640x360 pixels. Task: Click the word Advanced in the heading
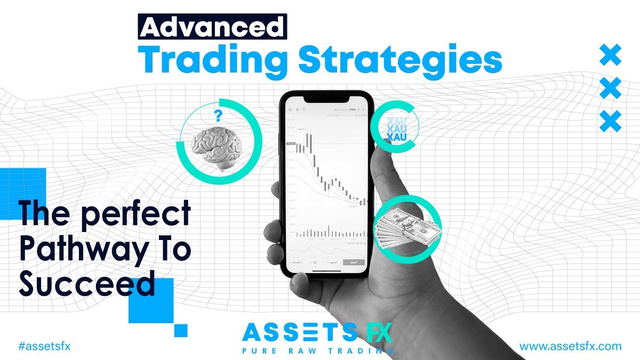212,26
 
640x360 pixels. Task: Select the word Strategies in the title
400,61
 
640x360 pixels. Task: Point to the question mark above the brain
218,115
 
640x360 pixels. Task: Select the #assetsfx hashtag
44,346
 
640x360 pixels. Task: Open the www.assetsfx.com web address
571,346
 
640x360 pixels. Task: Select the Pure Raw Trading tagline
317,351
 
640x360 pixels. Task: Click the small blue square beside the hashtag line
181,330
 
